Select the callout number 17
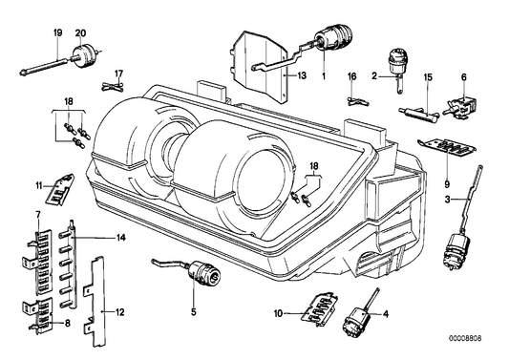click(119, 73)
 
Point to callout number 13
click(302, 74)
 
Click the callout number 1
click(324, 74)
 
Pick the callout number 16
click(351, 74)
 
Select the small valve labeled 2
click(392, 64)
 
